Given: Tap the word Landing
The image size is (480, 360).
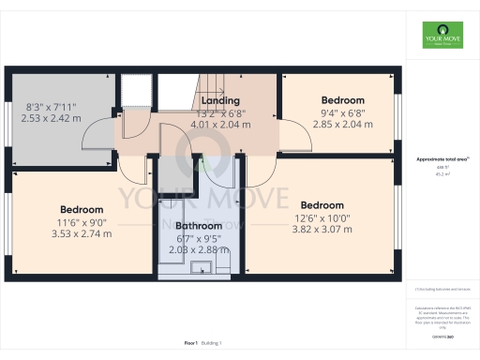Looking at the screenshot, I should pos(221,100).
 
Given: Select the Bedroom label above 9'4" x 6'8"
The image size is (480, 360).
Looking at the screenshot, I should pos(343,99).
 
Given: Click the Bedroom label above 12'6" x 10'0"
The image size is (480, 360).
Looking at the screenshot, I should pos(322,205).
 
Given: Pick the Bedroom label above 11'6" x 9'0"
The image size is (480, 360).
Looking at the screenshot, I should pos(82,209).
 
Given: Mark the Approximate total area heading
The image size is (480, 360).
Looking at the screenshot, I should pos(442,159).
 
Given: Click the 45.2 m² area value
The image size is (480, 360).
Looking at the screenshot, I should pos(442,173).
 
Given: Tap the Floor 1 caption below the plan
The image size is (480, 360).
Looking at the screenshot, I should pos(192,344).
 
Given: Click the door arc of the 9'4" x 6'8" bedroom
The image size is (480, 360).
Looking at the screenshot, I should pos(298,141).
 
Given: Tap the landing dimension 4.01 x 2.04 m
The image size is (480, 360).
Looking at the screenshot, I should pos(221,124).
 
